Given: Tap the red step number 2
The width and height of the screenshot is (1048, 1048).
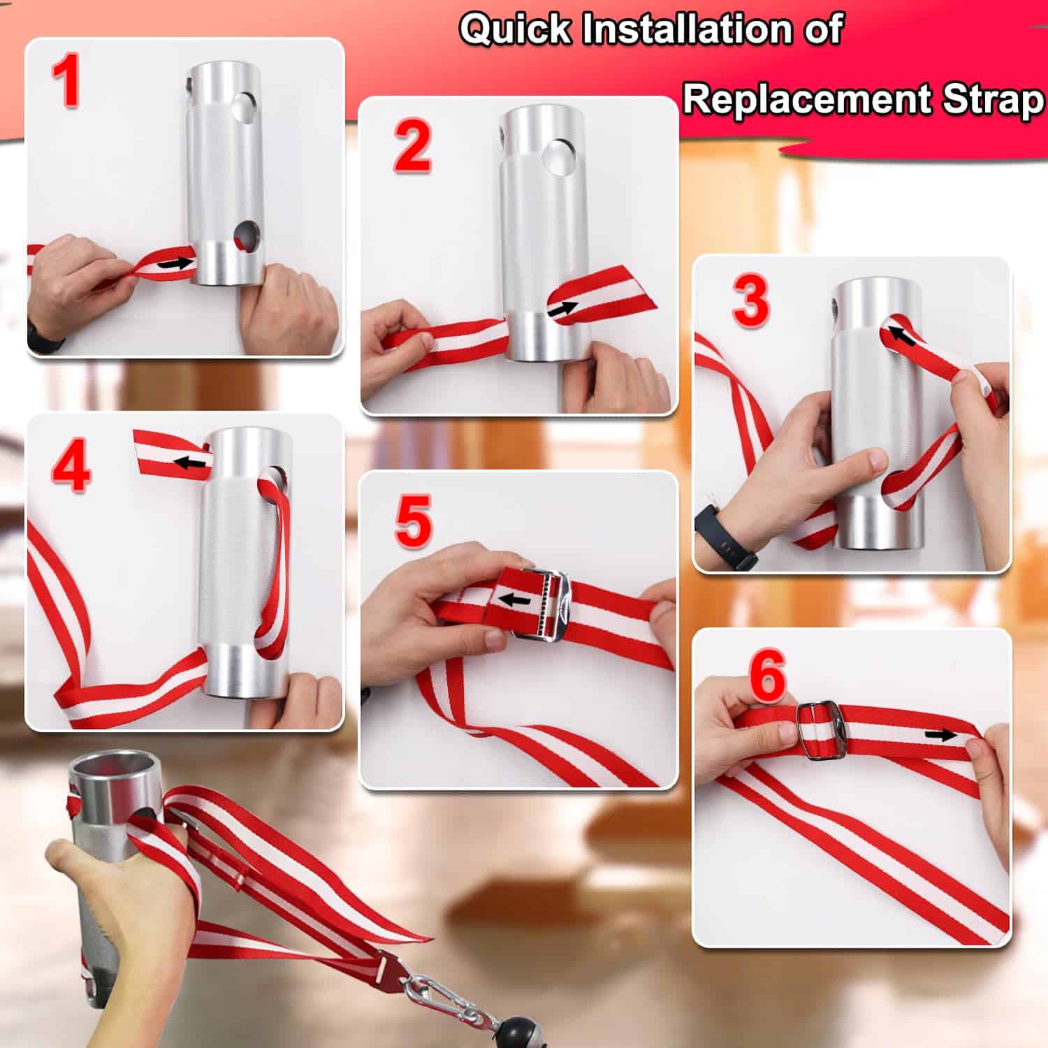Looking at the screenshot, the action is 412,146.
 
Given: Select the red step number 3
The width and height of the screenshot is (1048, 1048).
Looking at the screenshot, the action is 750,300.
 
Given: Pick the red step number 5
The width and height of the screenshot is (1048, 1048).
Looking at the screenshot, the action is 413,521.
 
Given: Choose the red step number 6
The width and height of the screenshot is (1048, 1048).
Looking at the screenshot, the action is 768,677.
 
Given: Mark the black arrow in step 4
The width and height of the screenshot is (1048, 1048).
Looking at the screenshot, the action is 191,462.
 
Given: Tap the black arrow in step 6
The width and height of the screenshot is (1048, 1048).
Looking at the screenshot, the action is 940,734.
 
